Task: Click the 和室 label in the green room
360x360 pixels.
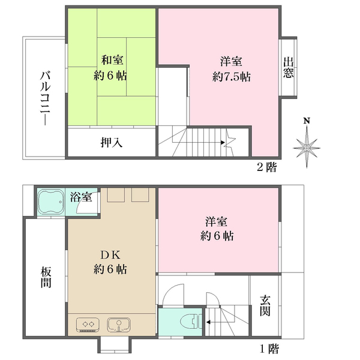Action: [113, 60]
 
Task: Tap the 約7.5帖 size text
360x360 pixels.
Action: [231, 77]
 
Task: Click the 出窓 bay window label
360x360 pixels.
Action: [289, 67]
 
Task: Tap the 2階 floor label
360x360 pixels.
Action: [267, 167]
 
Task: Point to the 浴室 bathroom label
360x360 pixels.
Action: [80, 196]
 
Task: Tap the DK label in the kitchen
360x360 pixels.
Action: [110, 254]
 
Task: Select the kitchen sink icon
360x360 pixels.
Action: [120, 325]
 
